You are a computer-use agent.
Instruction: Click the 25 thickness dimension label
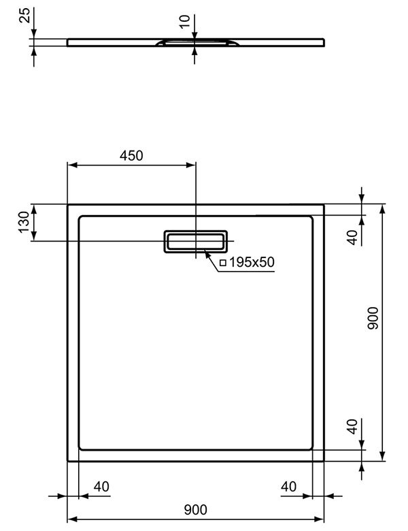point(24,15)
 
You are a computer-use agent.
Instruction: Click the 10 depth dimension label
point(185,22)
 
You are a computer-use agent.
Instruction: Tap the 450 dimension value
point(131,155)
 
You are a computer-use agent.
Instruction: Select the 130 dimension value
point(24,222)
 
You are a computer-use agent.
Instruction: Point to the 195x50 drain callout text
point(252,262)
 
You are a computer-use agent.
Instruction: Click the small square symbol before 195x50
point(223,263)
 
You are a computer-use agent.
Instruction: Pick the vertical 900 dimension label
point(373,318)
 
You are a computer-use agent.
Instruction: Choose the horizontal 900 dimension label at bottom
point(196,510)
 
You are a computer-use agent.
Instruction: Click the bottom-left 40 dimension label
point(101,487)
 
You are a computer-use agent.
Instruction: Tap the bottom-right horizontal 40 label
point(288,487)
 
